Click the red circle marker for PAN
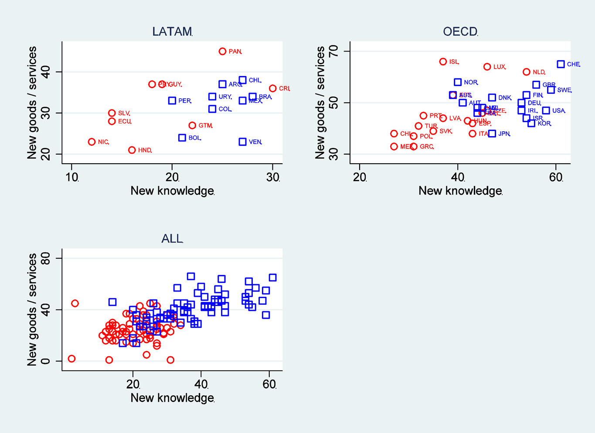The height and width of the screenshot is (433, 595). click(222, 52)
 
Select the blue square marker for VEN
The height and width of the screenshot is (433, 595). click(243, 142)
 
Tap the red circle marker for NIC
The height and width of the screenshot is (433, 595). click(92, 142)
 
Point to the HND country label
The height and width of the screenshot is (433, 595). click(145, 150)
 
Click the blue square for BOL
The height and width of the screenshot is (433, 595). click(182, 138)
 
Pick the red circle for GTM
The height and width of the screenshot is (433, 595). click(192, 126)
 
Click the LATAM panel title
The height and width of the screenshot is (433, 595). click(172, 31)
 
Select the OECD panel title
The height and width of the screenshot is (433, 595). click(460, 31)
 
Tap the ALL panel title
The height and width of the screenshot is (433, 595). click(172, 239)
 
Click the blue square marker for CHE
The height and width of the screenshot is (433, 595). click(561, 64)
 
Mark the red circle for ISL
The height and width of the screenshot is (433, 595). click(443, 62)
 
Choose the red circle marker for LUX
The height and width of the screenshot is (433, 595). click(487, 67)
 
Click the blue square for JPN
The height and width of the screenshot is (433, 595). click(492, 134)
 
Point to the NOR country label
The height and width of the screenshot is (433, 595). click(471, 82)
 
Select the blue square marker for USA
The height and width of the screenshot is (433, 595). click(546, 111)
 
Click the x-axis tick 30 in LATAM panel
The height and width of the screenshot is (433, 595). click(273, 177)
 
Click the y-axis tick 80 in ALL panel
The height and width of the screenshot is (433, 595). click(45, 258)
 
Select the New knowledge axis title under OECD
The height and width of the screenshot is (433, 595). click(460, 191)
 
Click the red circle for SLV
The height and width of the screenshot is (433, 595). click(112, 113)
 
